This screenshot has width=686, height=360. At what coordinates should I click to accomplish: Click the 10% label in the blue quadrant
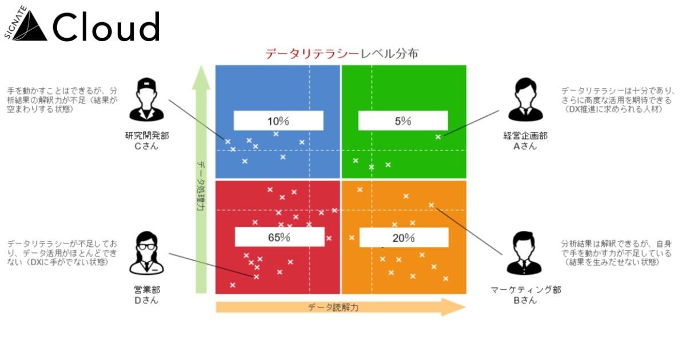tap(278, 121)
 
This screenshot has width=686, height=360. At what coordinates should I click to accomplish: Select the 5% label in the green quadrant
tap(403, 121)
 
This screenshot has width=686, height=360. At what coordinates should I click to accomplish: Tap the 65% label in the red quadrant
tap(278, 238)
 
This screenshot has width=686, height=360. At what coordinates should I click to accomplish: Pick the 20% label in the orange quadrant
tap(403, 238)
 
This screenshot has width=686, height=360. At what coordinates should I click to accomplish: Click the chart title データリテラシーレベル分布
tap(341, 54)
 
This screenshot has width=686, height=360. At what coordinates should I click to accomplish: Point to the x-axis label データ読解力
tap(333, 307)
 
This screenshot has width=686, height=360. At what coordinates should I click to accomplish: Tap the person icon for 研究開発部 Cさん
tap(147, 101)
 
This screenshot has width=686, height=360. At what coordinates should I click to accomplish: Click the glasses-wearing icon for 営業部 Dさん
tap(147, 254)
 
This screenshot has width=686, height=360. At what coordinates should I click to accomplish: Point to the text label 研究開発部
tap(147, 136)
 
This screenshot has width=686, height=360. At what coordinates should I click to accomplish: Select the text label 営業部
tap(147, 290)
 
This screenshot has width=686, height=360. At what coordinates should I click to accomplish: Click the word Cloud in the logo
tap(106, 27)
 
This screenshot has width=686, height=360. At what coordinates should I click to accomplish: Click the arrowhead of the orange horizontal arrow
tap(457, 307)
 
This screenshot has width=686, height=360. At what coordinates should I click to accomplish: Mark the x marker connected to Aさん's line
tap(438, 137)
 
